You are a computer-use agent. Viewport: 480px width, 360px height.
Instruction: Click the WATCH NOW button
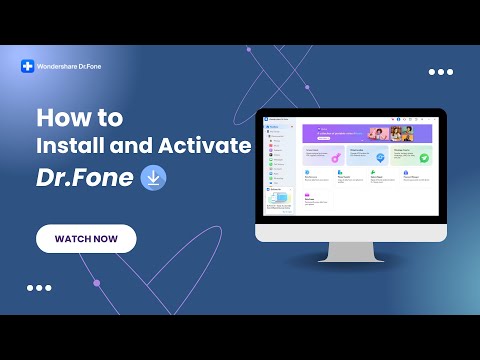click(x=86, y=239)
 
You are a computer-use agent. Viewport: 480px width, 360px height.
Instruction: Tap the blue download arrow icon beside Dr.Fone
click(x=154, y=178)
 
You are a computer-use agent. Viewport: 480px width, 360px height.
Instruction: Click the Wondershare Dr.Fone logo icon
click(x=28, y=67)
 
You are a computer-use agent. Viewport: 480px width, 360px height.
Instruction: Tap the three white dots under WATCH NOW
click(x=39, y=287)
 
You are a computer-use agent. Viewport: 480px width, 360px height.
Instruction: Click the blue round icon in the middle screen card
click(x=380, y=157)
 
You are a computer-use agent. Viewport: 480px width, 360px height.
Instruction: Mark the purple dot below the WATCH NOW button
click(x=96, y=283)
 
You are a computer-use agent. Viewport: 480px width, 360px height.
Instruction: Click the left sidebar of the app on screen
click(x=281, y=170)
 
